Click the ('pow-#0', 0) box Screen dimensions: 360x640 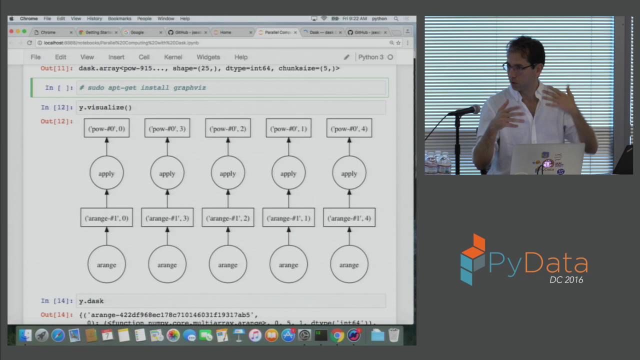click(106, 128)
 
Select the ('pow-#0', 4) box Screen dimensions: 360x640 click(349, 128)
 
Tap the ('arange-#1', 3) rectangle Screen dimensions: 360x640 click(167, 218)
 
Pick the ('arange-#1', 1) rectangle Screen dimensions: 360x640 click(288, 218)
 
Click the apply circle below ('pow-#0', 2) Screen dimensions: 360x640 click(227, 173)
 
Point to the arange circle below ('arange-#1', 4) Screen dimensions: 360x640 click(349, 264)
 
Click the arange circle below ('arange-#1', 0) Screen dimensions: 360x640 click(106, 264)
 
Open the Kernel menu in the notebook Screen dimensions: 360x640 click(173, 57)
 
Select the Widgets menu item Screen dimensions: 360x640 click(208, 57)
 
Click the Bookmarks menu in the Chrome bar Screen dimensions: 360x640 click(119, 18)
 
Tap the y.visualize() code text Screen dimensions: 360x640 click(105, 107)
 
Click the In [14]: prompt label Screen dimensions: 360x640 click(57, 301)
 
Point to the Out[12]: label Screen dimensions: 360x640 click(56, 121)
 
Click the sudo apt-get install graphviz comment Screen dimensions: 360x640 click(142, 88)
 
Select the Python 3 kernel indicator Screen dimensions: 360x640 click(370, 57)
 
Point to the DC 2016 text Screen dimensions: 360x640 click(566, 280)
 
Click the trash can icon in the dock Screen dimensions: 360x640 click(394, 335)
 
